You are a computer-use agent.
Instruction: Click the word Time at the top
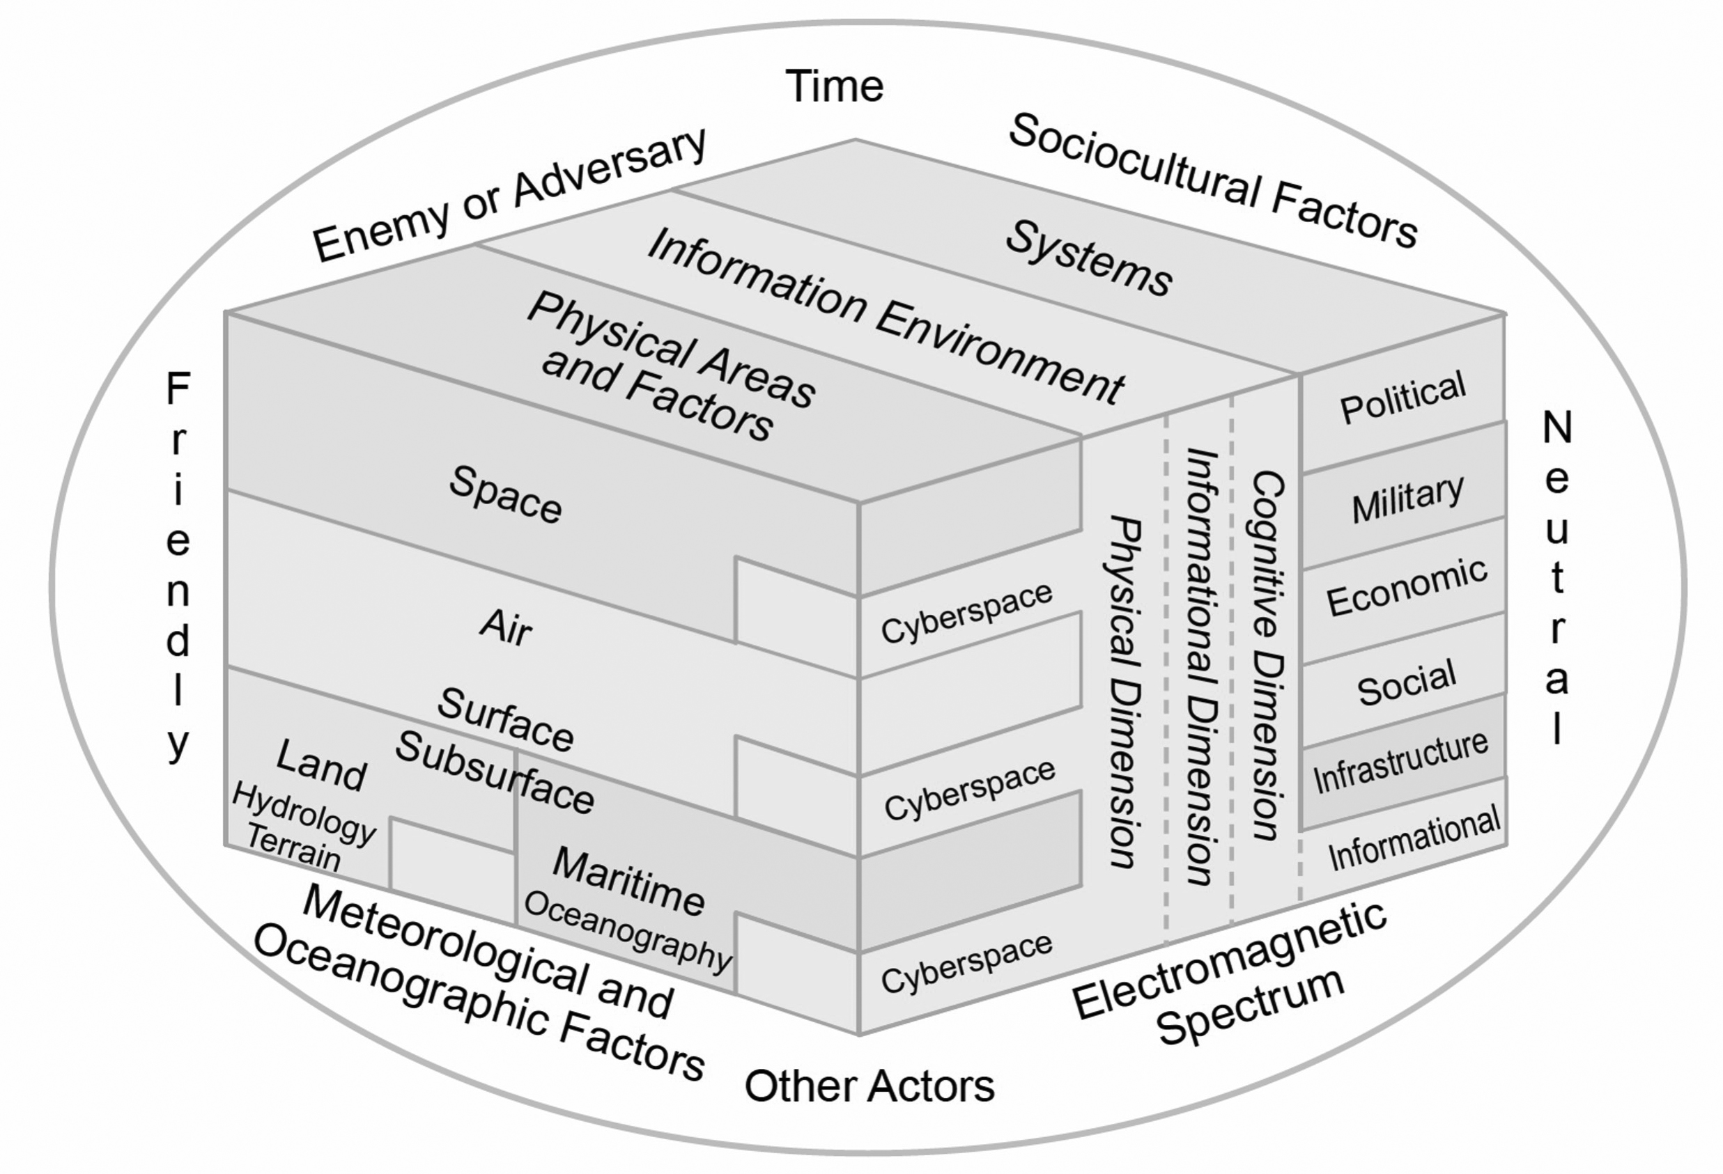pos(834,87)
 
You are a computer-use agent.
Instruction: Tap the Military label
pos(1407,499)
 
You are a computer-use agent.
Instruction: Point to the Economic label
pos(1407,587)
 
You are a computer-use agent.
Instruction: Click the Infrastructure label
pos(1400,760)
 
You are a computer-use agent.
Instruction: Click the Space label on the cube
pos(506,494)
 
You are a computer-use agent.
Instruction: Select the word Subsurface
pos(495,772)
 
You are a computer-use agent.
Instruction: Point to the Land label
pos(321,766)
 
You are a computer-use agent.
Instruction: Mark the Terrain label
pos(293,847)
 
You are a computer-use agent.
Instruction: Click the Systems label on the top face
pos(1088,258)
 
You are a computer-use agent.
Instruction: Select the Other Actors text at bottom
pos(869,1086)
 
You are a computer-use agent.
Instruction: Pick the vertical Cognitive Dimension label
pos(1267,655)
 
